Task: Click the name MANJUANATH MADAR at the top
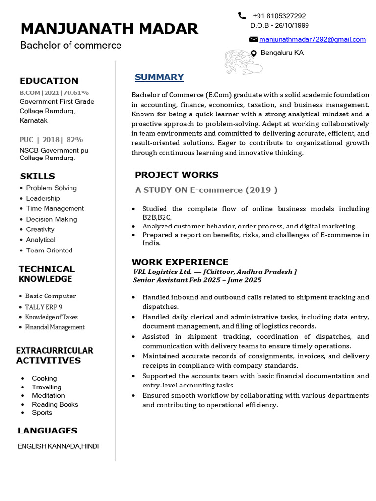point(109,29)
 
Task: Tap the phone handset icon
point(242,16)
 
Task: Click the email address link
point(312,39)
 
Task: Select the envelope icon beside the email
point(254,39)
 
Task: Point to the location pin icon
point(254,53)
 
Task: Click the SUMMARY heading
point(159,77)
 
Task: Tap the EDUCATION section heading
point(49,81)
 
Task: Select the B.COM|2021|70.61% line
point(54,92)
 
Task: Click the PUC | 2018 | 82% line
point(51,139)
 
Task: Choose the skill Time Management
point(55,208)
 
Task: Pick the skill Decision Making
point(51,219)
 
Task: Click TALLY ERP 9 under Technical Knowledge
point(44,307)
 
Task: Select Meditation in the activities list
point(48,395)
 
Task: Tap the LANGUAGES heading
point(47,431)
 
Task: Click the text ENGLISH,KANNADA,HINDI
point(58,446)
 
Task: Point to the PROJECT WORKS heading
point(176,175)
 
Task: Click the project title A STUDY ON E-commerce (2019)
point(206,190)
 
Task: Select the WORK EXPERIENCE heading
point(180,262)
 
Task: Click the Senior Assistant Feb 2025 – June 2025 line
point(197,280)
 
